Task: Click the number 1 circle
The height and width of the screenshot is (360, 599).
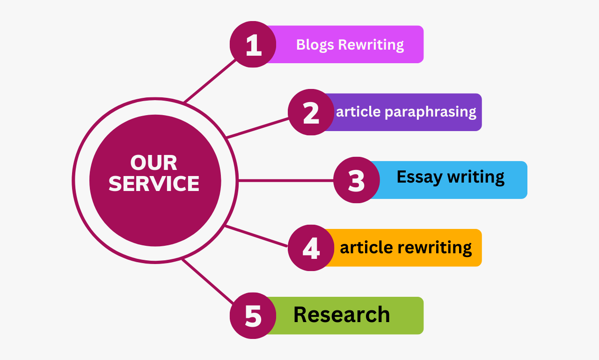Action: click(x=253, y=44)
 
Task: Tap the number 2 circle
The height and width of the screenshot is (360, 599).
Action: click(x=311, y=112)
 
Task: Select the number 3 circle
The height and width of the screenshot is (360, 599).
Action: click(x=357, y=180)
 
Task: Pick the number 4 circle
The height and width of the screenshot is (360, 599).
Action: click(x=311, y=248)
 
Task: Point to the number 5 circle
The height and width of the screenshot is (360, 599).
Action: click(x=253, y=316)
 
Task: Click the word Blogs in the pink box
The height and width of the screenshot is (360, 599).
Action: click(x=315, y=45)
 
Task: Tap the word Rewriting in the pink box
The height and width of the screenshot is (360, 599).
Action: click(x=371, y=45)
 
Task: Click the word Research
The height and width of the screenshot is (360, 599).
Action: click(x=342, y=315)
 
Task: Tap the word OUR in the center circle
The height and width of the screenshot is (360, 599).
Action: click(x=154, y=163)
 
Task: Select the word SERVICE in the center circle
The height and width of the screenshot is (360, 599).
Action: click(x=154, y=184)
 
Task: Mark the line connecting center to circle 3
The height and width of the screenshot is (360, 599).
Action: click(x=285, y=180)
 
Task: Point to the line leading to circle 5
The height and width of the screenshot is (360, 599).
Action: click(x=207, y=281)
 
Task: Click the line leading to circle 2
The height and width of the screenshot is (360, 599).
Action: click(x=257, y=128)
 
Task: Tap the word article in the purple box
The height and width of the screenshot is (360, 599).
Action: click(x=358, y=112)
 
